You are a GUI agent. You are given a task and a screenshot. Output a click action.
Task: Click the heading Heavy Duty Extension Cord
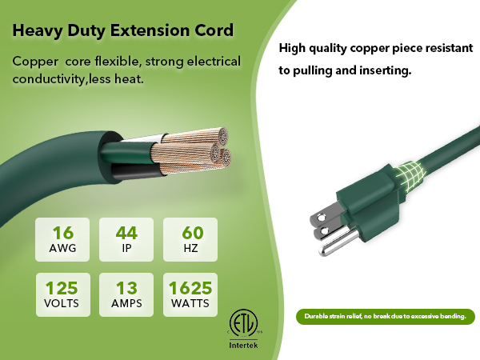point(123,32)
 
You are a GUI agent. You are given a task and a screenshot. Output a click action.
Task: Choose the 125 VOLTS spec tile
point(64,294)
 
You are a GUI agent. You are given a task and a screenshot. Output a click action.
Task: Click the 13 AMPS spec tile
point(126,294)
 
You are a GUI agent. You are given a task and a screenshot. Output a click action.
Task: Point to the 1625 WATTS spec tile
point(190,294)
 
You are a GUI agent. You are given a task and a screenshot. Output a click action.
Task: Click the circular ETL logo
point(245,322)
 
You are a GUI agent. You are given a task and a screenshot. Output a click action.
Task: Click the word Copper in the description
point(34,62)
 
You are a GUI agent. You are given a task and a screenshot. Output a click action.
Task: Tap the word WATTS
point(190,303)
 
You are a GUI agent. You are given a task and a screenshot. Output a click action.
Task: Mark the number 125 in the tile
point(64,287)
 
